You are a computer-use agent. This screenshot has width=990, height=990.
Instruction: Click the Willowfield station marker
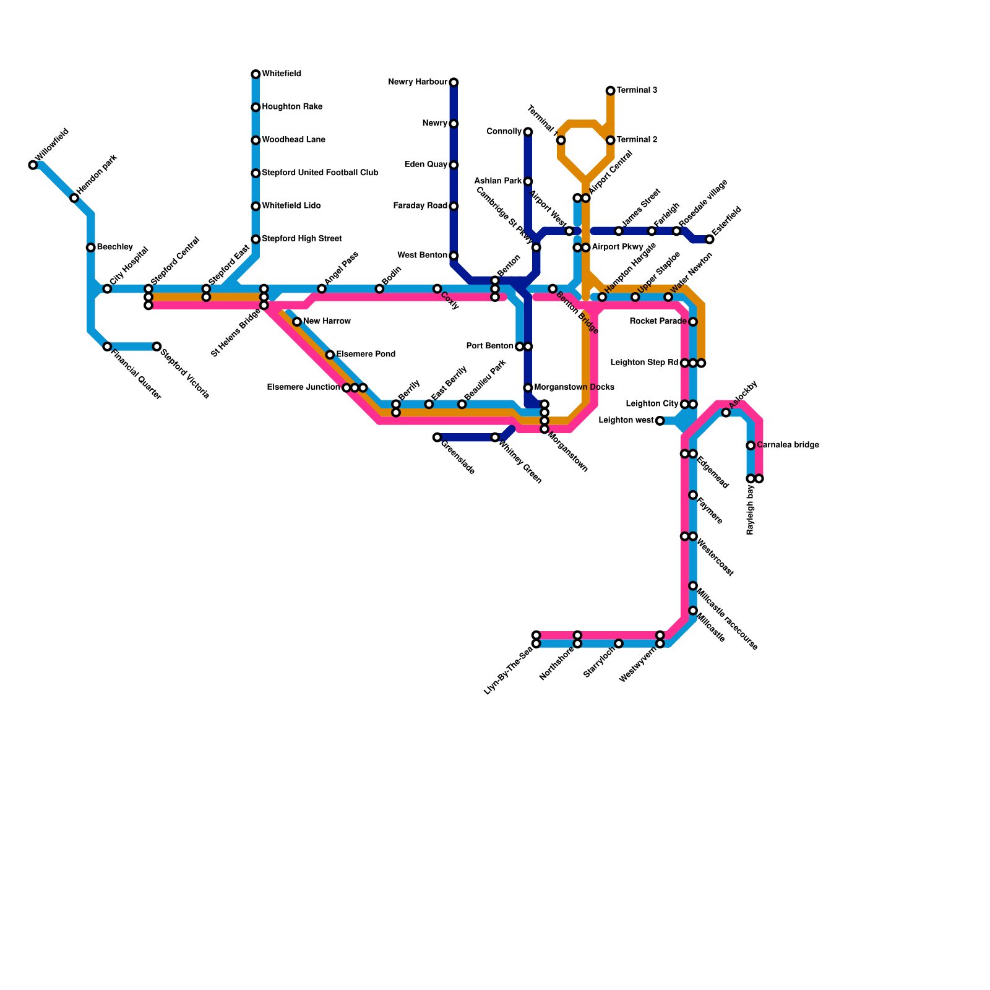click(x=33, y=165)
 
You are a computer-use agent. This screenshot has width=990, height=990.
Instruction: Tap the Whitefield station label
click(x=282, y=74)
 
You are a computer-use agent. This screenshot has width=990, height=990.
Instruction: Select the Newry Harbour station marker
click(x=454, y=82)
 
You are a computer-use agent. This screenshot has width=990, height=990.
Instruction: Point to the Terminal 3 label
click(x=637, y=90)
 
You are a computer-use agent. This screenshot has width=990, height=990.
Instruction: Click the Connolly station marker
click(x=528, y=132)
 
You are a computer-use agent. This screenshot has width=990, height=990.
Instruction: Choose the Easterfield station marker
click(x=710, y=239)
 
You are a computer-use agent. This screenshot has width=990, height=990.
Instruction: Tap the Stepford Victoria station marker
click(x=157, y=346)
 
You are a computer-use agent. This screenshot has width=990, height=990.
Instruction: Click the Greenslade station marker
click(x=437, y=437)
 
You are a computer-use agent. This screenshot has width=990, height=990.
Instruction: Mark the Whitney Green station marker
click(x=495, y=437)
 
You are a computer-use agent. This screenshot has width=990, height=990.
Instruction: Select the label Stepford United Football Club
click(x=320, y=173)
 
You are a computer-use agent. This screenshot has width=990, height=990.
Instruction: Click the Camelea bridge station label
click(x=788, y=445)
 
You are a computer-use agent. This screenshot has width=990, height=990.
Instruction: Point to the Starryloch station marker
click(x=619, y=643)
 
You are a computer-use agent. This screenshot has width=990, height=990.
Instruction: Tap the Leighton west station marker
click(x=660, y=421)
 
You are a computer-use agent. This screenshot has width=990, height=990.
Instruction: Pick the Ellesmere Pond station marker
click(x=330, y=355)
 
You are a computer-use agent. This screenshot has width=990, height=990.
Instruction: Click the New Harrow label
click(x=327, y=321)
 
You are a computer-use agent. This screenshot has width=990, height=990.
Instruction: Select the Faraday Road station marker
click(x=454, y=206)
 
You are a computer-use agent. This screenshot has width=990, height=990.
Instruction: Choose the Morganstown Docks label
click(x=574, y=387)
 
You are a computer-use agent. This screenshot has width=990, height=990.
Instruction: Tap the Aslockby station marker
click(x=726, y=413)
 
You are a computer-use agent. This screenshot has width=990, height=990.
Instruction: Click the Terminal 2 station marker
click(x=611, y=140)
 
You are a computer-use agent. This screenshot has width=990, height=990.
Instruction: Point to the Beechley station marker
click(x=91, y=247)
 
